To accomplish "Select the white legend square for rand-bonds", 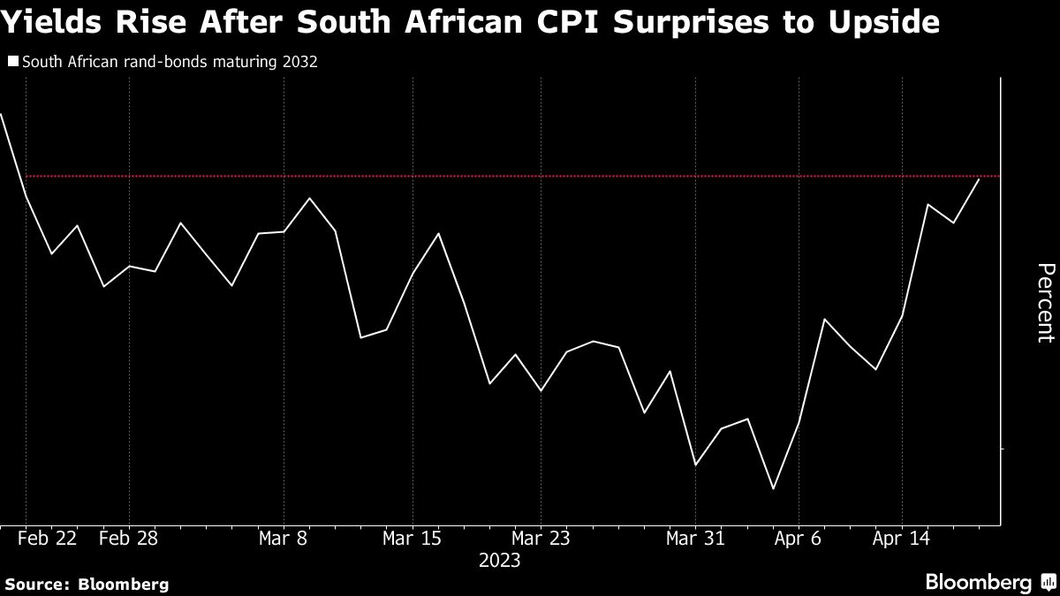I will tap(12, 62).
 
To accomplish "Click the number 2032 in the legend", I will tap(300, 63).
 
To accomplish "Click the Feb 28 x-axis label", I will tap(129, 538).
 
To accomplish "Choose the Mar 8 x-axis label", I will tap(284, 538).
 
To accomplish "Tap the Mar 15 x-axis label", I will tap(413, 538).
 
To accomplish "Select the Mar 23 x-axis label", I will tap(541, 538).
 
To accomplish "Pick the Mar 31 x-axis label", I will tap(696, 538).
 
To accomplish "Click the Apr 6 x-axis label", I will tap(799, 538).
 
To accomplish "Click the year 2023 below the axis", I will tap(499, 560).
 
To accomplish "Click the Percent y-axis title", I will tap(1045, 302).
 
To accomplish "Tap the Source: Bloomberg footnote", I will tap(86, 584).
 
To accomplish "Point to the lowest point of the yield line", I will tap(774, 488).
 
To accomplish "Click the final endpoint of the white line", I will tap(979, 179).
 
